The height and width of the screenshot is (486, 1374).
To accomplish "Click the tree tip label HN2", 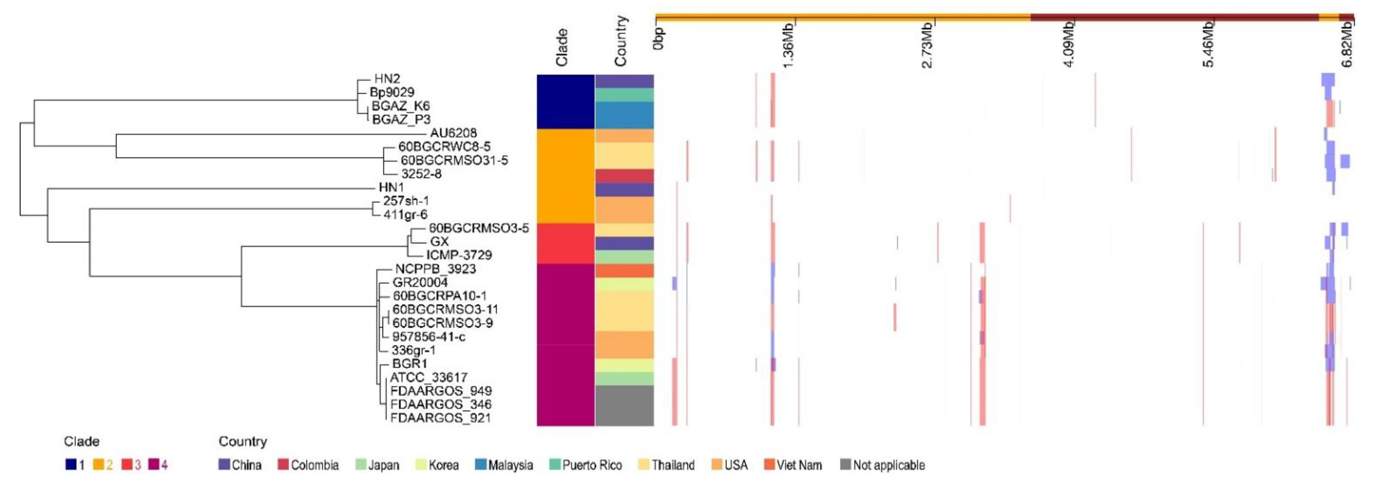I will [387, 79].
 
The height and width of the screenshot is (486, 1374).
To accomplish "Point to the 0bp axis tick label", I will [659, 38].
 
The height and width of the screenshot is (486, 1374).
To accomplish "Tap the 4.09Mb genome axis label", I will [1069, 45].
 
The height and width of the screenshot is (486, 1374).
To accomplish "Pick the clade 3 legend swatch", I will [127, 465].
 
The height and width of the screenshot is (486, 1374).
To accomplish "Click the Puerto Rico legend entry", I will [586, 465].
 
